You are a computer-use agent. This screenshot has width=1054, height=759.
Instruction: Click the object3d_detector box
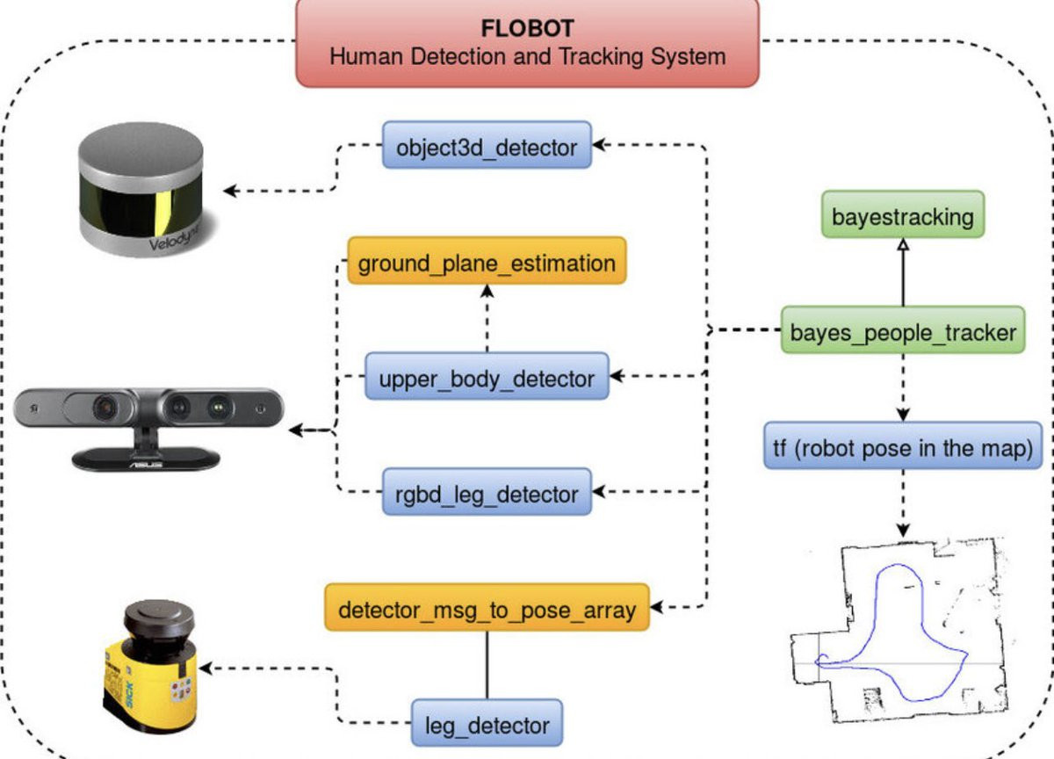(487, 145)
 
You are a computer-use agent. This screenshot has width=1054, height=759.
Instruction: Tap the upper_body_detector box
(487, 378)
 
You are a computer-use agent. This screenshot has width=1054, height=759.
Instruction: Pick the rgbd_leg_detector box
(487, 493)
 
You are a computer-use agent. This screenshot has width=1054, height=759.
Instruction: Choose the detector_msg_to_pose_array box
(487, 608)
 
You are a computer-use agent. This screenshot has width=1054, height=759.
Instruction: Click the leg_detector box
(487, 725)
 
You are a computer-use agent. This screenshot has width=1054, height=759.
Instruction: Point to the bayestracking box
(902, 214)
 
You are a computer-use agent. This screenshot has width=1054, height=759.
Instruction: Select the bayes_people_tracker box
(902, 331)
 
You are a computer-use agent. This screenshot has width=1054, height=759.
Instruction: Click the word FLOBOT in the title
(526, 28)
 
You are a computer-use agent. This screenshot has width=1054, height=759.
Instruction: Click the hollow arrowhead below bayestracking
(902, 249)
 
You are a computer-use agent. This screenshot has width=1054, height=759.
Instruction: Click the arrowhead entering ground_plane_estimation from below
(487, 292)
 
